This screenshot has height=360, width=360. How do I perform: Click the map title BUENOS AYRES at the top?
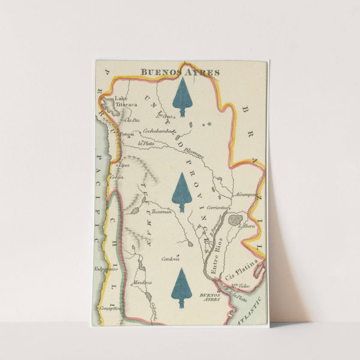click(x=180, y=73)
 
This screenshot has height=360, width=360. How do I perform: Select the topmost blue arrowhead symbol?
click(x=182, y=97)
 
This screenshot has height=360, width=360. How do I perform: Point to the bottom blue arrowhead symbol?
click(x=181, y=288)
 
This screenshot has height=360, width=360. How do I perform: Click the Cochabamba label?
click(x=158, y=130)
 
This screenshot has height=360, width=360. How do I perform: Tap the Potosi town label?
click(x=127, y=134)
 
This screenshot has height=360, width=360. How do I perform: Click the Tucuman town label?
click(x=161, y=211)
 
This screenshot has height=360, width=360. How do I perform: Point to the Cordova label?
click(x=170, y=259)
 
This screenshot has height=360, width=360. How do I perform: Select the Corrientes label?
click(x=217, y=207)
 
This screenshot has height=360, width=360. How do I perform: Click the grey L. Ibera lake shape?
click(x=235, y=220)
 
